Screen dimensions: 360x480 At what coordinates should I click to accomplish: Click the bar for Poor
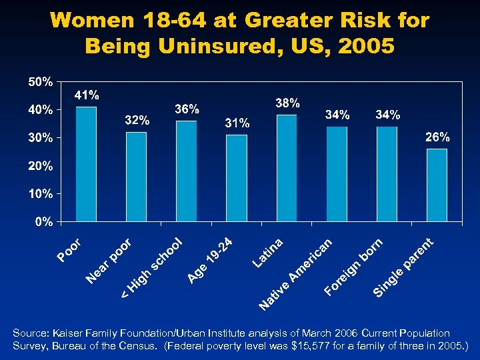tap(86, 163)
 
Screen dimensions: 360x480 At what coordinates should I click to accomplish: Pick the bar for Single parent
tap(437, 185)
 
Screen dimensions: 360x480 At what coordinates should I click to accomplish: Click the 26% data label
tap(437, 137)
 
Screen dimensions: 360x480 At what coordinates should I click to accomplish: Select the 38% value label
tap(287, 103)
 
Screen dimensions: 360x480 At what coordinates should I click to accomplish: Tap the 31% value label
tap(237, 123)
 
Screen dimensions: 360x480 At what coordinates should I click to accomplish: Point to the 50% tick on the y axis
tap(40, 82)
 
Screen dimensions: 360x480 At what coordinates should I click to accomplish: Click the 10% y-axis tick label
tap(40, 194)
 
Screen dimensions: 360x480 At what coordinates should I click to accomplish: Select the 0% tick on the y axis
tap(43, 222)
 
